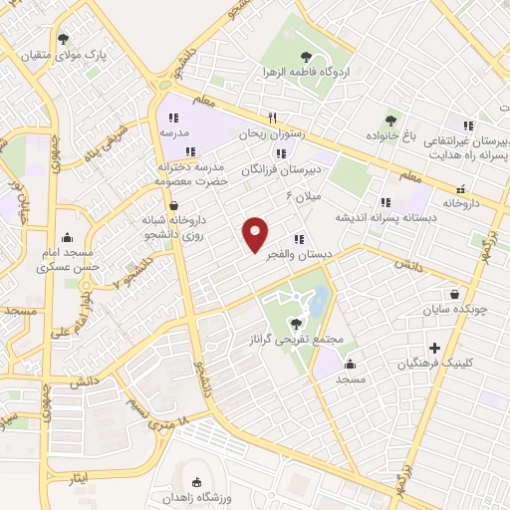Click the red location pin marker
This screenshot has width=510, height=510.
pos(256,233)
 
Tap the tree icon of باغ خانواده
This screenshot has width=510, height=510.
pos(389,120)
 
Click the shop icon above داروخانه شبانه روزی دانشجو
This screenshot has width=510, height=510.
pos(175,205)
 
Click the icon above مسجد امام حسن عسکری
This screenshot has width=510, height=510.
pos(67,238)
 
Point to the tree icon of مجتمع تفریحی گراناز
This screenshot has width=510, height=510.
pos(295,323)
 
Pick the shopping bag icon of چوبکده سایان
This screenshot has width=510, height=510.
pos(455,295)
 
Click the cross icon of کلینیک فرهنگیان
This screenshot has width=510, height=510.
pos(434,349)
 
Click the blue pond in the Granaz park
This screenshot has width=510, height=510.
pos(318,299)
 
